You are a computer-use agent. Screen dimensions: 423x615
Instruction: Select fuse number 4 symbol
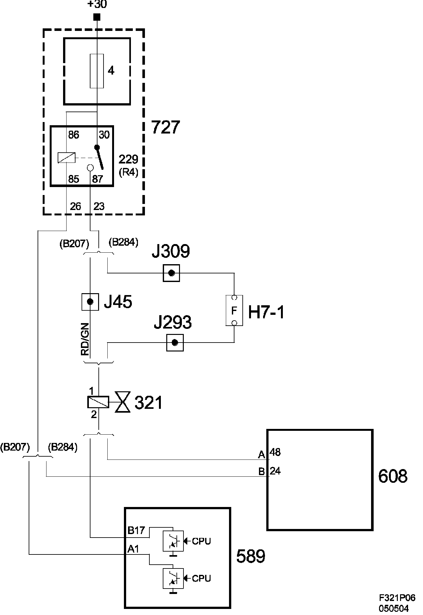point(97,71)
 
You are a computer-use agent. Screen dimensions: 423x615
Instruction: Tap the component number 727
point(165,127)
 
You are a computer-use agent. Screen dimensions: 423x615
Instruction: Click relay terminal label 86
point(74,135)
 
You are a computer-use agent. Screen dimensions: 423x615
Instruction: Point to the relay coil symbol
point(67,158)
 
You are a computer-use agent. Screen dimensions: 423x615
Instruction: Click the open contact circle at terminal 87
point(90,168)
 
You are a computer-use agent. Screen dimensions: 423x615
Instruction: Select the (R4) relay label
point(128,172)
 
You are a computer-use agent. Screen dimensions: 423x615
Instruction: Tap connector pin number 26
point(75,206)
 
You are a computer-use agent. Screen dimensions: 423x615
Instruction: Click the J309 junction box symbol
point(171,273)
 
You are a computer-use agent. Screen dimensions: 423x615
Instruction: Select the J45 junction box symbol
point(90,301)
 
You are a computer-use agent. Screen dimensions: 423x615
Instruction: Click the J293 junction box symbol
point(175,343)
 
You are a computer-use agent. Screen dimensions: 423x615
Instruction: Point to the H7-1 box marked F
point(234,310)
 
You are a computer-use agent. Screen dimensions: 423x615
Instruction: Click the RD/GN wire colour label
point(85,339)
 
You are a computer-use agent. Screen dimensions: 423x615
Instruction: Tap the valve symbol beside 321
point(123,403)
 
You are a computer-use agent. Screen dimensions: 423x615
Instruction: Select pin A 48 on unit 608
point(269,453)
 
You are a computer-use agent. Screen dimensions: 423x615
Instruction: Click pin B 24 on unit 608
point(269,471)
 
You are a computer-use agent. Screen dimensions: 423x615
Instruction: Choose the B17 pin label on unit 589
point(136,531)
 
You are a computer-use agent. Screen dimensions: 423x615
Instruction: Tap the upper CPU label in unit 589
point(202,541)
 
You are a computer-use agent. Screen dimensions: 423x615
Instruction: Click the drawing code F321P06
point(397,597)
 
